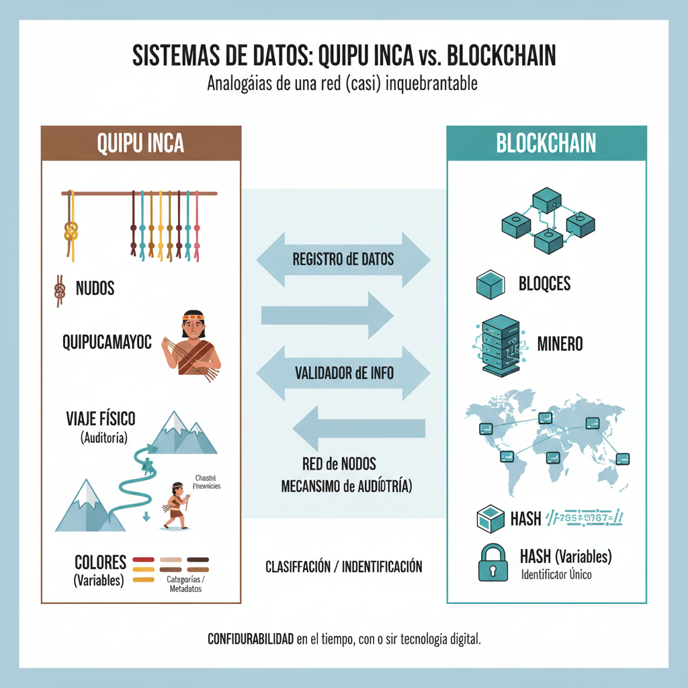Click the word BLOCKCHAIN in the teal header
(x=546, y=143)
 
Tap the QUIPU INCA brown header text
(x=140, y=143)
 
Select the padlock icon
(x=492, y=562)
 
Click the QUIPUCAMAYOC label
(x=107, y=343)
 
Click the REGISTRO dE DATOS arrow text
(x=343, y=259)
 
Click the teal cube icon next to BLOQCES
(x=490, y=284)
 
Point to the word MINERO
(x=560, y=344)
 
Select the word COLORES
(x=101, y=562)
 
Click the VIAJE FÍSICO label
(x=101, y=419)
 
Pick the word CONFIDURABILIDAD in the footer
(x=251, y=639)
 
